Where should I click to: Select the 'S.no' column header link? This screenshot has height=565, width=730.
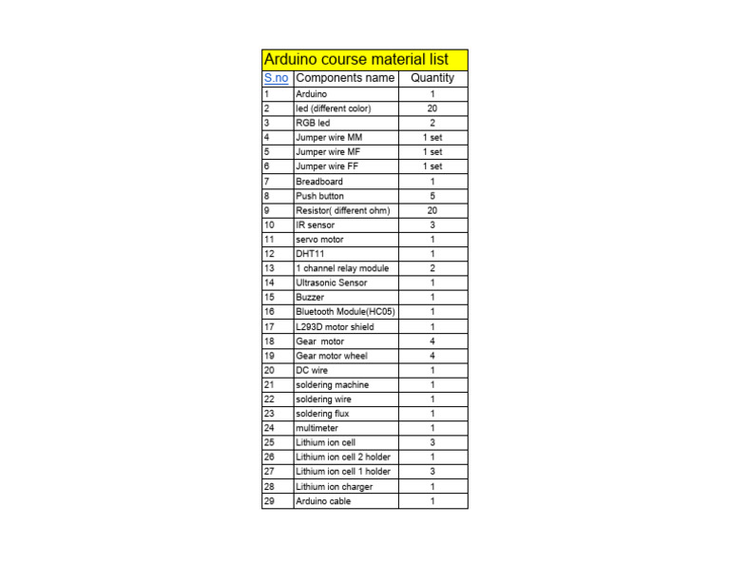point(276,78)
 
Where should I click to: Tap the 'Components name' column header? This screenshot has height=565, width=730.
point(345,78)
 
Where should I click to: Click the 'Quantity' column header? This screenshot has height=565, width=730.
point(432,78)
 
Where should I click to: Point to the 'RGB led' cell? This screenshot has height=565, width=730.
point(313,123)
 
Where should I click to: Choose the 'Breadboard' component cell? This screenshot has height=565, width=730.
point(319,181)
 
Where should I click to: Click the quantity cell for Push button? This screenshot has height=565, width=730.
point(432,196)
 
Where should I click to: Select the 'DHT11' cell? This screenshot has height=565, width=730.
point(310,254)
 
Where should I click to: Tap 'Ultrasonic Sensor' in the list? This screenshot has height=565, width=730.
point(331,282)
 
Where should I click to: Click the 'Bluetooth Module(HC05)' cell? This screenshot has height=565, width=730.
point(345,312)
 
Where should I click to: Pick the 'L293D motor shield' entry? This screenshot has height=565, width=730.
point(335,326)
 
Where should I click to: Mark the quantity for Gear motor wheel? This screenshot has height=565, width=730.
point(432,356)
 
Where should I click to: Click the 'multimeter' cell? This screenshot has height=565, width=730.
point(317,428)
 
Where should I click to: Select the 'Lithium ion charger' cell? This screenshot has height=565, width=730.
point(334,487)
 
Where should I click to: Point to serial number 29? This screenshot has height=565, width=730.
point(269,501)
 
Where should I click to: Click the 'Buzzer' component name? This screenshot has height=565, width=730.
point(310,298)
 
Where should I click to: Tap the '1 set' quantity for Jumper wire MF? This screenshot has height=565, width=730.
point(432,151)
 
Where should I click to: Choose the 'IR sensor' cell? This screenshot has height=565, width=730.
point(315,225)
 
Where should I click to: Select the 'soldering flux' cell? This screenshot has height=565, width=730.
point(322,414)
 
